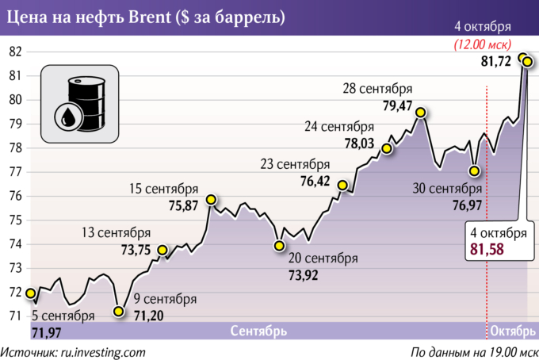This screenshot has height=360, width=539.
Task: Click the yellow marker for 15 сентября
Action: pyautogui.click(x=211, y=199)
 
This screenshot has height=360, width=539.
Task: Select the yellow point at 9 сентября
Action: pyautogui.click(x=118, y=312)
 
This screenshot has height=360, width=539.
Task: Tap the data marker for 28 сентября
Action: pyautogui.click(x=421, y=112)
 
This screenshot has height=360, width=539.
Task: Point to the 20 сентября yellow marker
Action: pyautogui.click(x=279, y=246)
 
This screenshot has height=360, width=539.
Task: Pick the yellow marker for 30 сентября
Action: pyautogui.click(x=474, y=170)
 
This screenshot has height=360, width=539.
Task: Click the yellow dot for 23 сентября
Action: pyautogui.click(x=342, y=186)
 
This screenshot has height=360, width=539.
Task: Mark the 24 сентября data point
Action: pyautogui.click(x=387, y=148)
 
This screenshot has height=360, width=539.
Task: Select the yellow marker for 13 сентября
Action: pyautogui.click(x=162, y=250)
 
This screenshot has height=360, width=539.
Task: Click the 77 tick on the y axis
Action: pyautogui.click(x=15, y=172)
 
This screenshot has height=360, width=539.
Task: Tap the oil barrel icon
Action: pyautogui.click(x=79, y=104)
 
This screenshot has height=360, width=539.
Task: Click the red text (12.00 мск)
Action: pyautogui.click(x=482, y=44)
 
